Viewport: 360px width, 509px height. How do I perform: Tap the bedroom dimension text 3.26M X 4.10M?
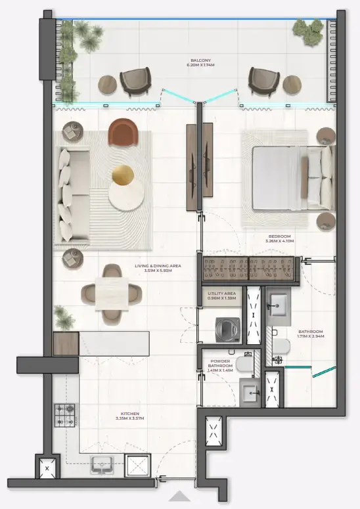tap(279, 242)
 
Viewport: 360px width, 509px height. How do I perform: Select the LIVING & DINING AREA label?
tap(158, 266)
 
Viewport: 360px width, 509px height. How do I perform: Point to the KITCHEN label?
tap(130, 414)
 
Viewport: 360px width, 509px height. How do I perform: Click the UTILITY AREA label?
tap(221, 294)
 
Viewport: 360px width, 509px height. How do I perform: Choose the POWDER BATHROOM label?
tap(220, 364)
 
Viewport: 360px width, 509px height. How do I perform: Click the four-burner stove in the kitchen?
tap(65, 416)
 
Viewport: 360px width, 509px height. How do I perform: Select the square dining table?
tap(110, 292)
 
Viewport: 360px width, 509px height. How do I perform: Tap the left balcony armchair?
tap(136, 82)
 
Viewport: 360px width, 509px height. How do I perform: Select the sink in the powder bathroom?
tap(250, 393)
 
